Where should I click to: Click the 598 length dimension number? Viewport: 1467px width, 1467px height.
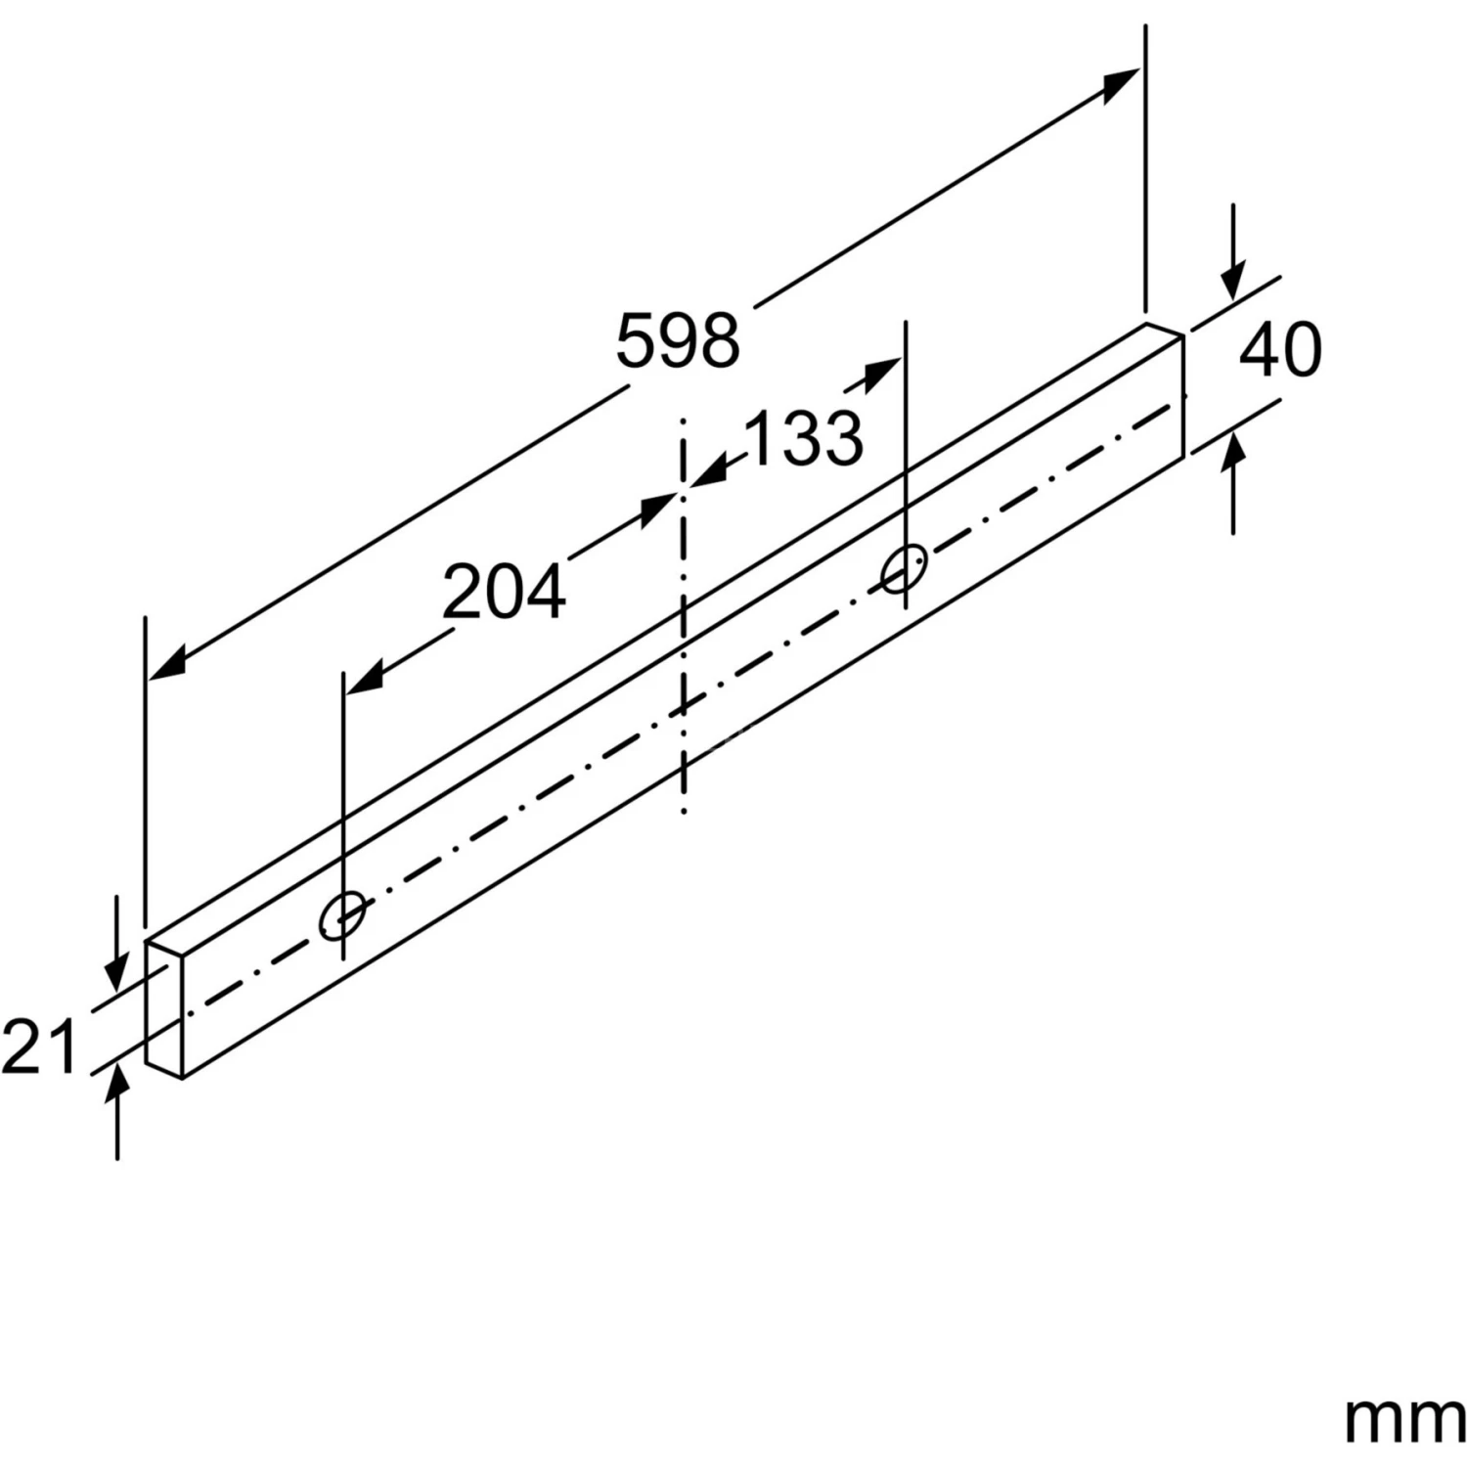pos(678,340)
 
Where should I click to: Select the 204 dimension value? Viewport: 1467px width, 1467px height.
pos(504,592)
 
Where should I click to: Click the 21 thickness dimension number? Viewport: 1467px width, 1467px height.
pos(39,1046)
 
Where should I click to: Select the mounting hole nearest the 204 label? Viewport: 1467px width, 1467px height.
pos(342,915)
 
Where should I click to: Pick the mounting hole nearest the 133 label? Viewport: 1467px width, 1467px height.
pos(905,570)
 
